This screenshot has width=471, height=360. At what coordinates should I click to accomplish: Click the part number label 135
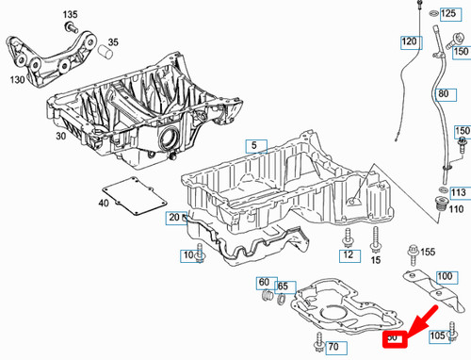point(71,16)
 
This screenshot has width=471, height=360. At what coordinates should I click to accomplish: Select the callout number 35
point(113,42)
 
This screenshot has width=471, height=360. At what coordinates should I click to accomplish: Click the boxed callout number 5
point(252,146)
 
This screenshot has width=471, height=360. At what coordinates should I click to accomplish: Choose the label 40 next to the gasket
point(103,203)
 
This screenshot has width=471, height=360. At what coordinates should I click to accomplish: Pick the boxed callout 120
point(410,42)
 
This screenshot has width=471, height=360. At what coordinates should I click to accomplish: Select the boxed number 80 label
point(444,94)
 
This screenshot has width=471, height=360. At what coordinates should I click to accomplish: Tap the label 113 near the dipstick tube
point(458,192)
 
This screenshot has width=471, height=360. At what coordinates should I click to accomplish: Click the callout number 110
point(456,208)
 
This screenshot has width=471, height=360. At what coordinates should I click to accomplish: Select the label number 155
point(428,252)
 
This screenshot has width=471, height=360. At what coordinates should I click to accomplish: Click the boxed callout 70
point(332,348)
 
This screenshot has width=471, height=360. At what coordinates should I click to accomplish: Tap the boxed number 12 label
point(348,254)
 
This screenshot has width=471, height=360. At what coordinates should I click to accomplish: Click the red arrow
point(416,318)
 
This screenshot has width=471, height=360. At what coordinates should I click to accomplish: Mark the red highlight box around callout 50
point(394,336)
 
